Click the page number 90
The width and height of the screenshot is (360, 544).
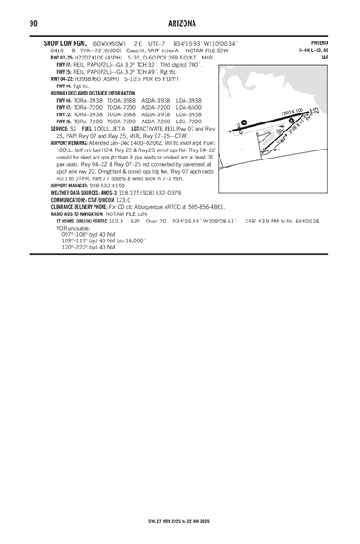click(x=33, y=23)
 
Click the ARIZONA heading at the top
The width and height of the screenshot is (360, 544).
click(x=180, y=23)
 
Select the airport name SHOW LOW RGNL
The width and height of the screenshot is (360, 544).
click(x=66, y=43)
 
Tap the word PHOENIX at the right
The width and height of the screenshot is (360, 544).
click(x=319, y=43)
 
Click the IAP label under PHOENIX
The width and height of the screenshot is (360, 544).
click(x=325, y=57)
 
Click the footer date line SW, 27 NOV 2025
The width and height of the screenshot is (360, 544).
click(x=180, y=520)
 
